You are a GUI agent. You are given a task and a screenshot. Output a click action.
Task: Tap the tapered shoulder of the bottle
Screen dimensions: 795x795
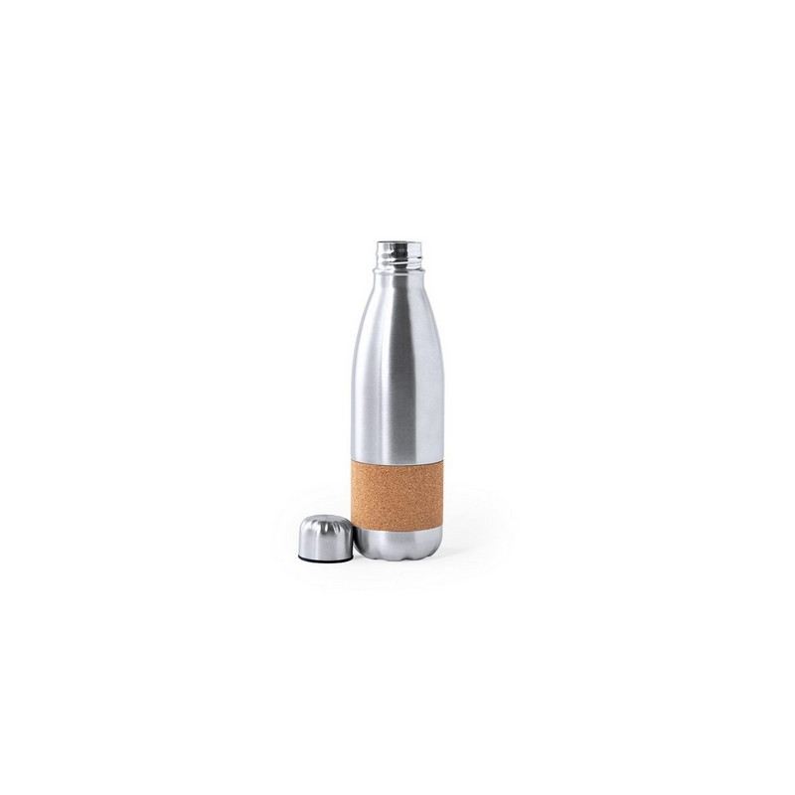pos(397,308)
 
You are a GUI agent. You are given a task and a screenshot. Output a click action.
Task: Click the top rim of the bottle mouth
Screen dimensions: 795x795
pos(397,238)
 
